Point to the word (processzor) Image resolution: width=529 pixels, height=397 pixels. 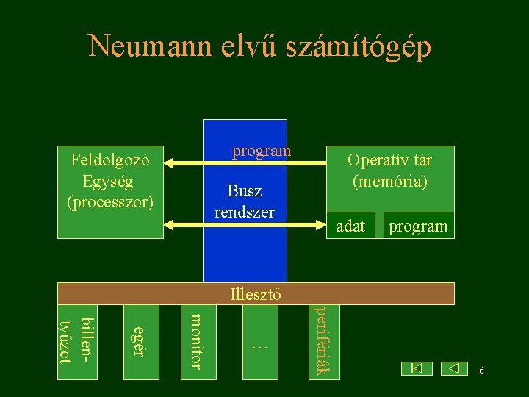[x=110, y=200]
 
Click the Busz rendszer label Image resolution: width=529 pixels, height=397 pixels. [x=245, y=202]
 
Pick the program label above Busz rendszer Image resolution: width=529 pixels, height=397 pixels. [x=262, y=151]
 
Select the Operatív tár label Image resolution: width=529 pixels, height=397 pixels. [x=389, y=160]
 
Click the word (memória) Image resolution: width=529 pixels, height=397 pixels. [x=389, y=179]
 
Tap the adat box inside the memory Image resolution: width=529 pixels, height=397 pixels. [x=350, y=226]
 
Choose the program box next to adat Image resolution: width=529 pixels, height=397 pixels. [x=417, y=226]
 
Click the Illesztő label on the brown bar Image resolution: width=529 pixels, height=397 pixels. [x=253, y=295]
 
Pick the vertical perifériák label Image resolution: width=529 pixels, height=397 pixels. [x=321, y=341]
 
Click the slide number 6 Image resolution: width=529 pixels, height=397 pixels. [x=481, y=371]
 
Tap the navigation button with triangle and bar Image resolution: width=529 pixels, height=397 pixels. [x=417, y=368]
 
